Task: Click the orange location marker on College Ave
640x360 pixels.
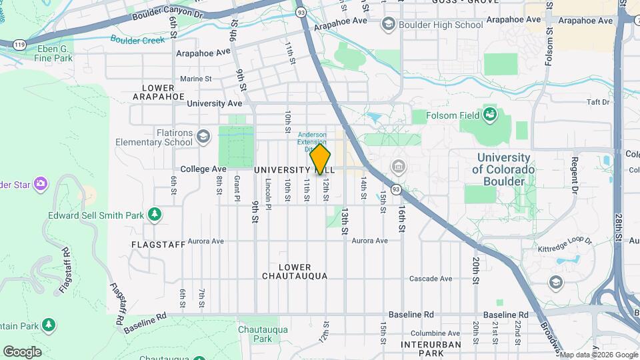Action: (x=321, y=159)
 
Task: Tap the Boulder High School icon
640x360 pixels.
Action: (x=387, y=25)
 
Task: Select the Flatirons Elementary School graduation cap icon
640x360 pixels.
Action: (x=203, y=137)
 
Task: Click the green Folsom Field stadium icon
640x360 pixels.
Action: (x=490, y=115)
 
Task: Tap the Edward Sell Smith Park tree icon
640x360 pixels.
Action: (x=154, y=214)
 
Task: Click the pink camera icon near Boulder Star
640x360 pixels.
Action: (x=41, y=183)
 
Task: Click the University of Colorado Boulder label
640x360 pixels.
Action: (x=503, y=169)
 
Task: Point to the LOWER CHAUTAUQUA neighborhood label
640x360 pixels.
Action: (x=295, y=271)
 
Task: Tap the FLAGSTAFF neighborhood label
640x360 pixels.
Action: (x=158, y=245)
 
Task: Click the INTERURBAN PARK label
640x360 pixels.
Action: (x=431, y=349)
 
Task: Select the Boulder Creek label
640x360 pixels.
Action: (x=137, y=39)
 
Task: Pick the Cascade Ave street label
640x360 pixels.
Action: (x=431, y=279)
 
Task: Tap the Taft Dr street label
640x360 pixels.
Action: (x=598, y=102)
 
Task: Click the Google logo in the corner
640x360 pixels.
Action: (x=22, y=351)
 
